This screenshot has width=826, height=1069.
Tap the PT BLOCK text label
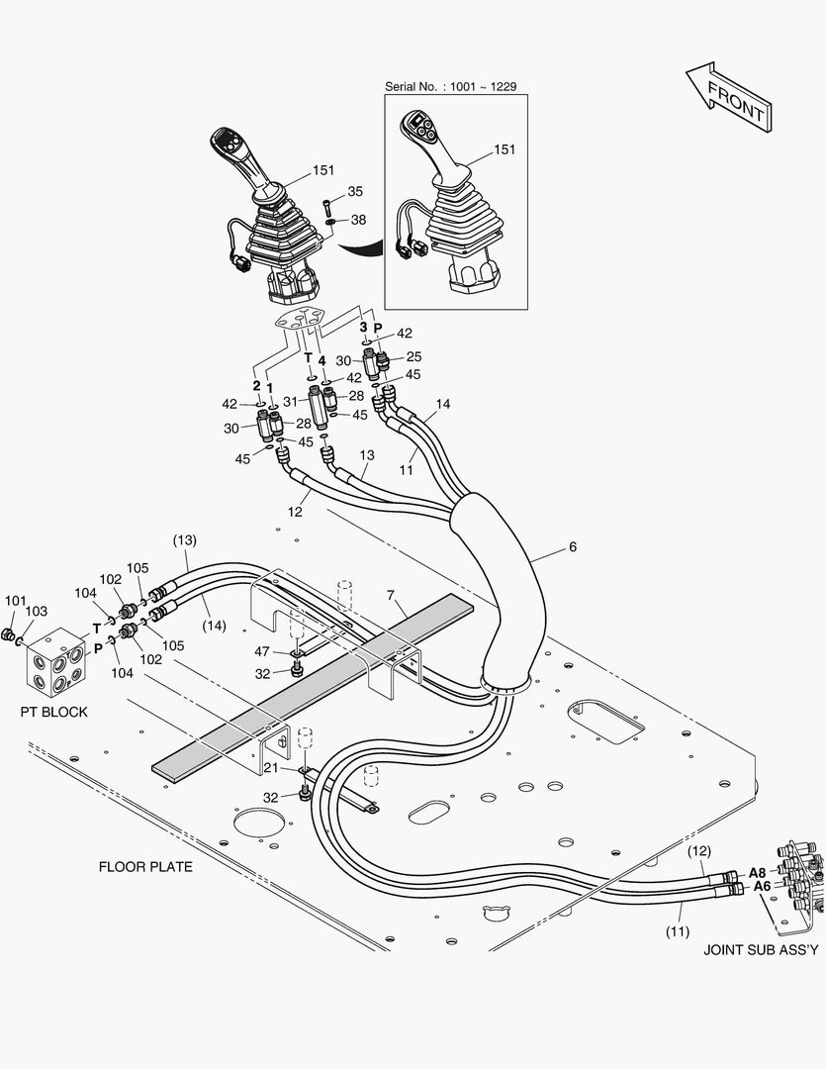pos(53,712)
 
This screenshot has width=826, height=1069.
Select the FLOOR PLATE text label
pos(145,867)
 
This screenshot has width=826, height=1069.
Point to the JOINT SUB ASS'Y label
pos(761,950)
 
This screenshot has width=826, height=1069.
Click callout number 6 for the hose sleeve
pos(573,546)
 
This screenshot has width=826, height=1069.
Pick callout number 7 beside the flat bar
pos(391,595)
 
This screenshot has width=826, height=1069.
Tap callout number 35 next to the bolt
pos(355,191)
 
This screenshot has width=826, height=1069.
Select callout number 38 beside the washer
pos(358,220)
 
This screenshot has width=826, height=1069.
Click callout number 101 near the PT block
pos(15,601)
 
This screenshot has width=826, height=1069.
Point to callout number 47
pos(261,651)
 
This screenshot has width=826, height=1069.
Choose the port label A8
pos(758,872)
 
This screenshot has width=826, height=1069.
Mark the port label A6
pos(762,887)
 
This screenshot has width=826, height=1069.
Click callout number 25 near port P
pos(413,356)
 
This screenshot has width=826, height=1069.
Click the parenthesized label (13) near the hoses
pos(185,540)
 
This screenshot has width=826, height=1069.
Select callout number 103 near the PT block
pos(36,613)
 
